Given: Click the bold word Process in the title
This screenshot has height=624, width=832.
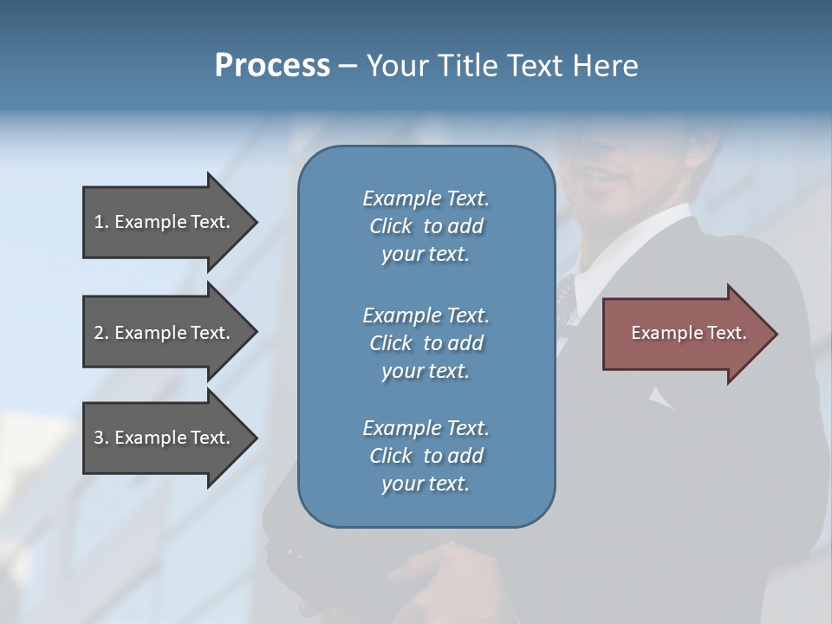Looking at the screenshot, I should [272, 66].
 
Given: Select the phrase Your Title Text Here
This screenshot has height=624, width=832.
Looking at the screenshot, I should [502, 66].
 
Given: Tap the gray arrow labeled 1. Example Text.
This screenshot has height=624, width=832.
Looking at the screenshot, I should [165, 222].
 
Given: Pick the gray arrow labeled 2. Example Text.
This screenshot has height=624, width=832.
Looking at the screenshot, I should [165, 333].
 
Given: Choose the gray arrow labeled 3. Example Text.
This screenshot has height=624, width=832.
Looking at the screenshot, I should [165, 438].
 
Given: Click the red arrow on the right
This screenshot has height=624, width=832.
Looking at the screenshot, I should [685, 333].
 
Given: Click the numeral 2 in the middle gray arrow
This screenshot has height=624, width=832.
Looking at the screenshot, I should [99, 333].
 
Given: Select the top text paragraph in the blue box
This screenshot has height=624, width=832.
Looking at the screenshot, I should [426, 226].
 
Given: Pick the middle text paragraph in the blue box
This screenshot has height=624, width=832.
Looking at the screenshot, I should [426, 342].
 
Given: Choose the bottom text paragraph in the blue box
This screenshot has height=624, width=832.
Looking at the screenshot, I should [426, 455].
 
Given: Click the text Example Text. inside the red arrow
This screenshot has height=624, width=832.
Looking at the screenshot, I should [688, 333].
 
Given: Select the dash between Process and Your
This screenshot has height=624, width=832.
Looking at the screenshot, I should [348, 66].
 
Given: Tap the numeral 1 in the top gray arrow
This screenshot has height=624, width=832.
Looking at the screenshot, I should [99, 222].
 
